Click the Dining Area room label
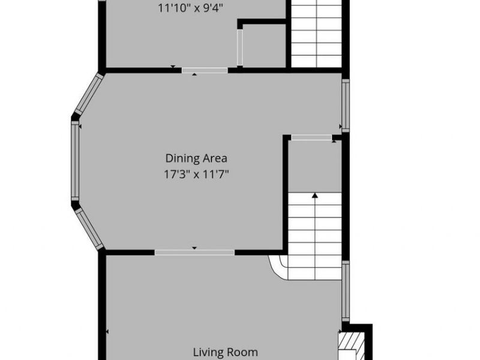click(x=196, y=158)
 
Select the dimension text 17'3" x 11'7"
click(x=197, y=175)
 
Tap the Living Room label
click(x=226, y=352)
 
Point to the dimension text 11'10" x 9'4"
click(x=190, y=8)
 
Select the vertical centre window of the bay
click(x=75, y=161)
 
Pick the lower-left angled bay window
click(x=89, y=229)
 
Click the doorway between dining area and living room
click(x=194, y=253)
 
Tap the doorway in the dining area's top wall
click(x=205, y=70)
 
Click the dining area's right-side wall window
click(x=346, y=106)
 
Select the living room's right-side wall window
click(x=346, y=291)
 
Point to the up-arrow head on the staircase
click(x=315, y=196)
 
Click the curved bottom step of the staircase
click(x=278, y=268)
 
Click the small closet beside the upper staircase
click(x=264, y=45)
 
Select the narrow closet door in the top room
click(x=240, y=47)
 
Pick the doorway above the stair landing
click(x=311, y=137)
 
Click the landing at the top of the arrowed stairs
click(x=315, y=166)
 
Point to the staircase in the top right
click(x=316, y=33)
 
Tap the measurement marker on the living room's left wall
click(x=108, y=332)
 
